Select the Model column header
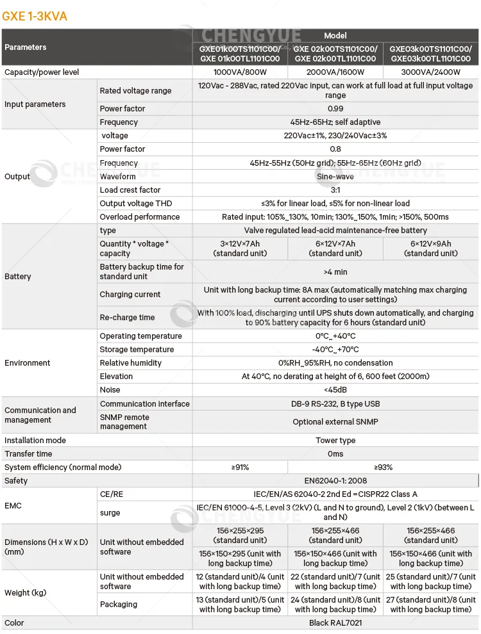335,36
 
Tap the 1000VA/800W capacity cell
240,72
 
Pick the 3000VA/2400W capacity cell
431,72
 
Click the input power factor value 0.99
335,109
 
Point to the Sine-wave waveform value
335,177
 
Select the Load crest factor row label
130,190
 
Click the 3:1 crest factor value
335,190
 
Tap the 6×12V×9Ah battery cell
431,248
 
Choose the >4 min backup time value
335,272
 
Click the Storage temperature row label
137,350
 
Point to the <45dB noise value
335,390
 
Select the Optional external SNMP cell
335,422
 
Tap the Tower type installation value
335,441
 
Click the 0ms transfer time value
335,454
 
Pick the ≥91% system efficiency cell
240,467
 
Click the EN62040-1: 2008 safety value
335,481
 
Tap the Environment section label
28,363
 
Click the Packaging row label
119,605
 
